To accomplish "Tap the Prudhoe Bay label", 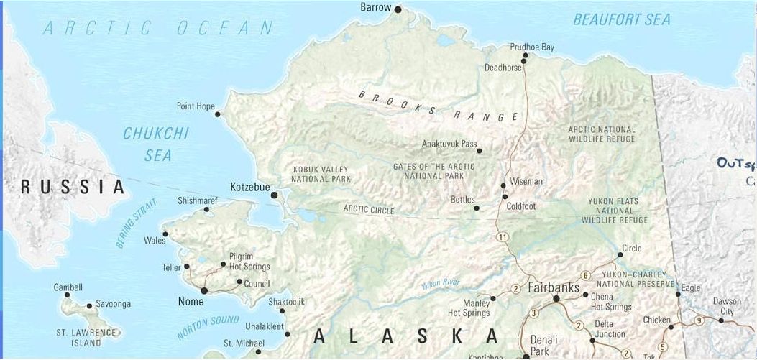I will (532, 47).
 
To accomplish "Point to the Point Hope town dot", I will (219, 114).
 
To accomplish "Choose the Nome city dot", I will (204, 291).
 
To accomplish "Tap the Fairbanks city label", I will (554, 287).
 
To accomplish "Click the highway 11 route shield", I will (502, 237).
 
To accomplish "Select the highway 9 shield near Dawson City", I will (699, 320).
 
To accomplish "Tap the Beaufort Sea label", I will (621, 20).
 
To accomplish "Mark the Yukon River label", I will (441, 284).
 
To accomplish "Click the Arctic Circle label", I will (368, 209).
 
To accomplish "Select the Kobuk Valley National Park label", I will (321, 174).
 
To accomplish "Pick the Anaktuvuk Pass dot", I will (480, 151).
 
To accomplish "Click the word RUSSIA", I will (73, 188).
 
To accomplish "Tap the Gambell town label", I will (68, 287).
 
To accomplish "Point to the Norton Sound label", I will (208, 327).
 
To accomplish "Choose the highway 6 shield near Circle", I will (586, 275).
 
